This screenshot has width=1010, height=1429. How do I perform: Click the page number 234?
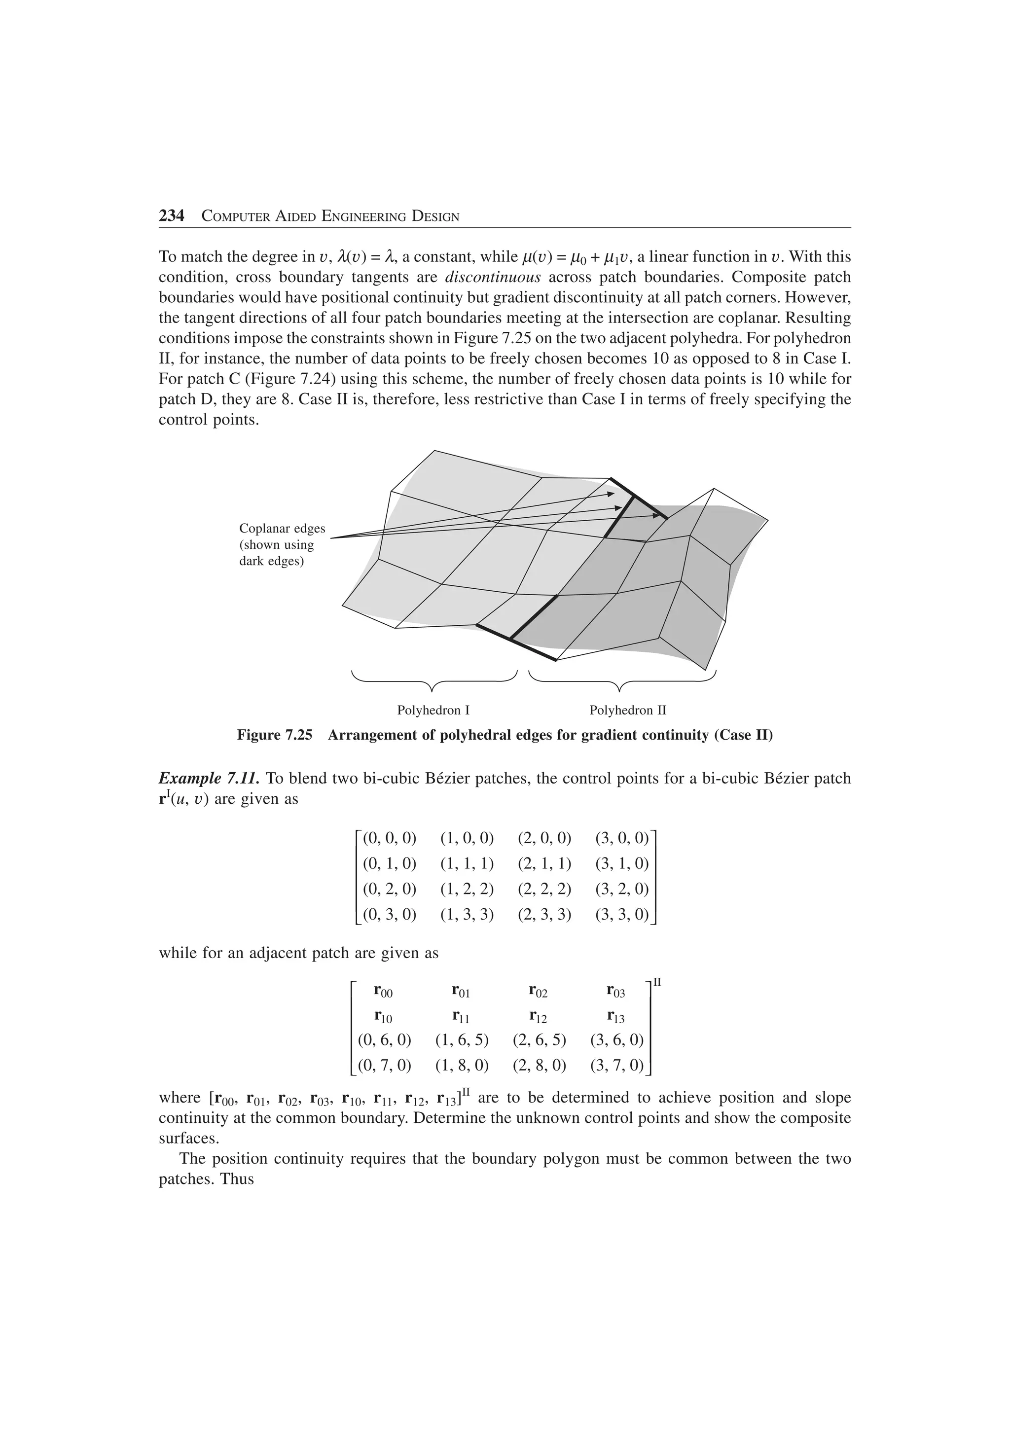click(x=172, y=216)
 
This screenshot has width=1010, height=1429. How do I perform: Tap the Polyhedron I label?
click(x=433, y=710)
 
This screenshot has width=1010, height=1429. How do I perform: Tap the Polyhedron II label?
click(x=628, y=710)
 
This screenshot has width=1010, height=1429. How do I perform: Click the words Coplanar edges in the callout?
click(x=282, y=529)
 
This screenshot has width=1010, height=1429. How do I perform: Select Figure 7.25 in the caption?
click(x=274, y=735)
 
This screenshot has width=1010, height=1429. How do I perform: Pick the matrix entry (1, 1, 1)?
click(x=467, y=863)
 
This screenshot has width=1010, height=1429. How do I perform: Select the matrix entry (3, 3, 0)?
click(x=622, y=914)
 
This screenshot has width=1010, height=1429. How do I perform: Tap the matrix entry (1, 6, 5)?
click(x=462, y=1039)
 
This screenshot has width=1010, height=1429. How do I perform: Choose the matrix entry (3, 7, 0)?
click(x=617, y=1065)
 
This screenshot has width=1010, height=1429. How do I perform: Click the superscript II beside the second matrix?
click(x=657, y=981)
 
